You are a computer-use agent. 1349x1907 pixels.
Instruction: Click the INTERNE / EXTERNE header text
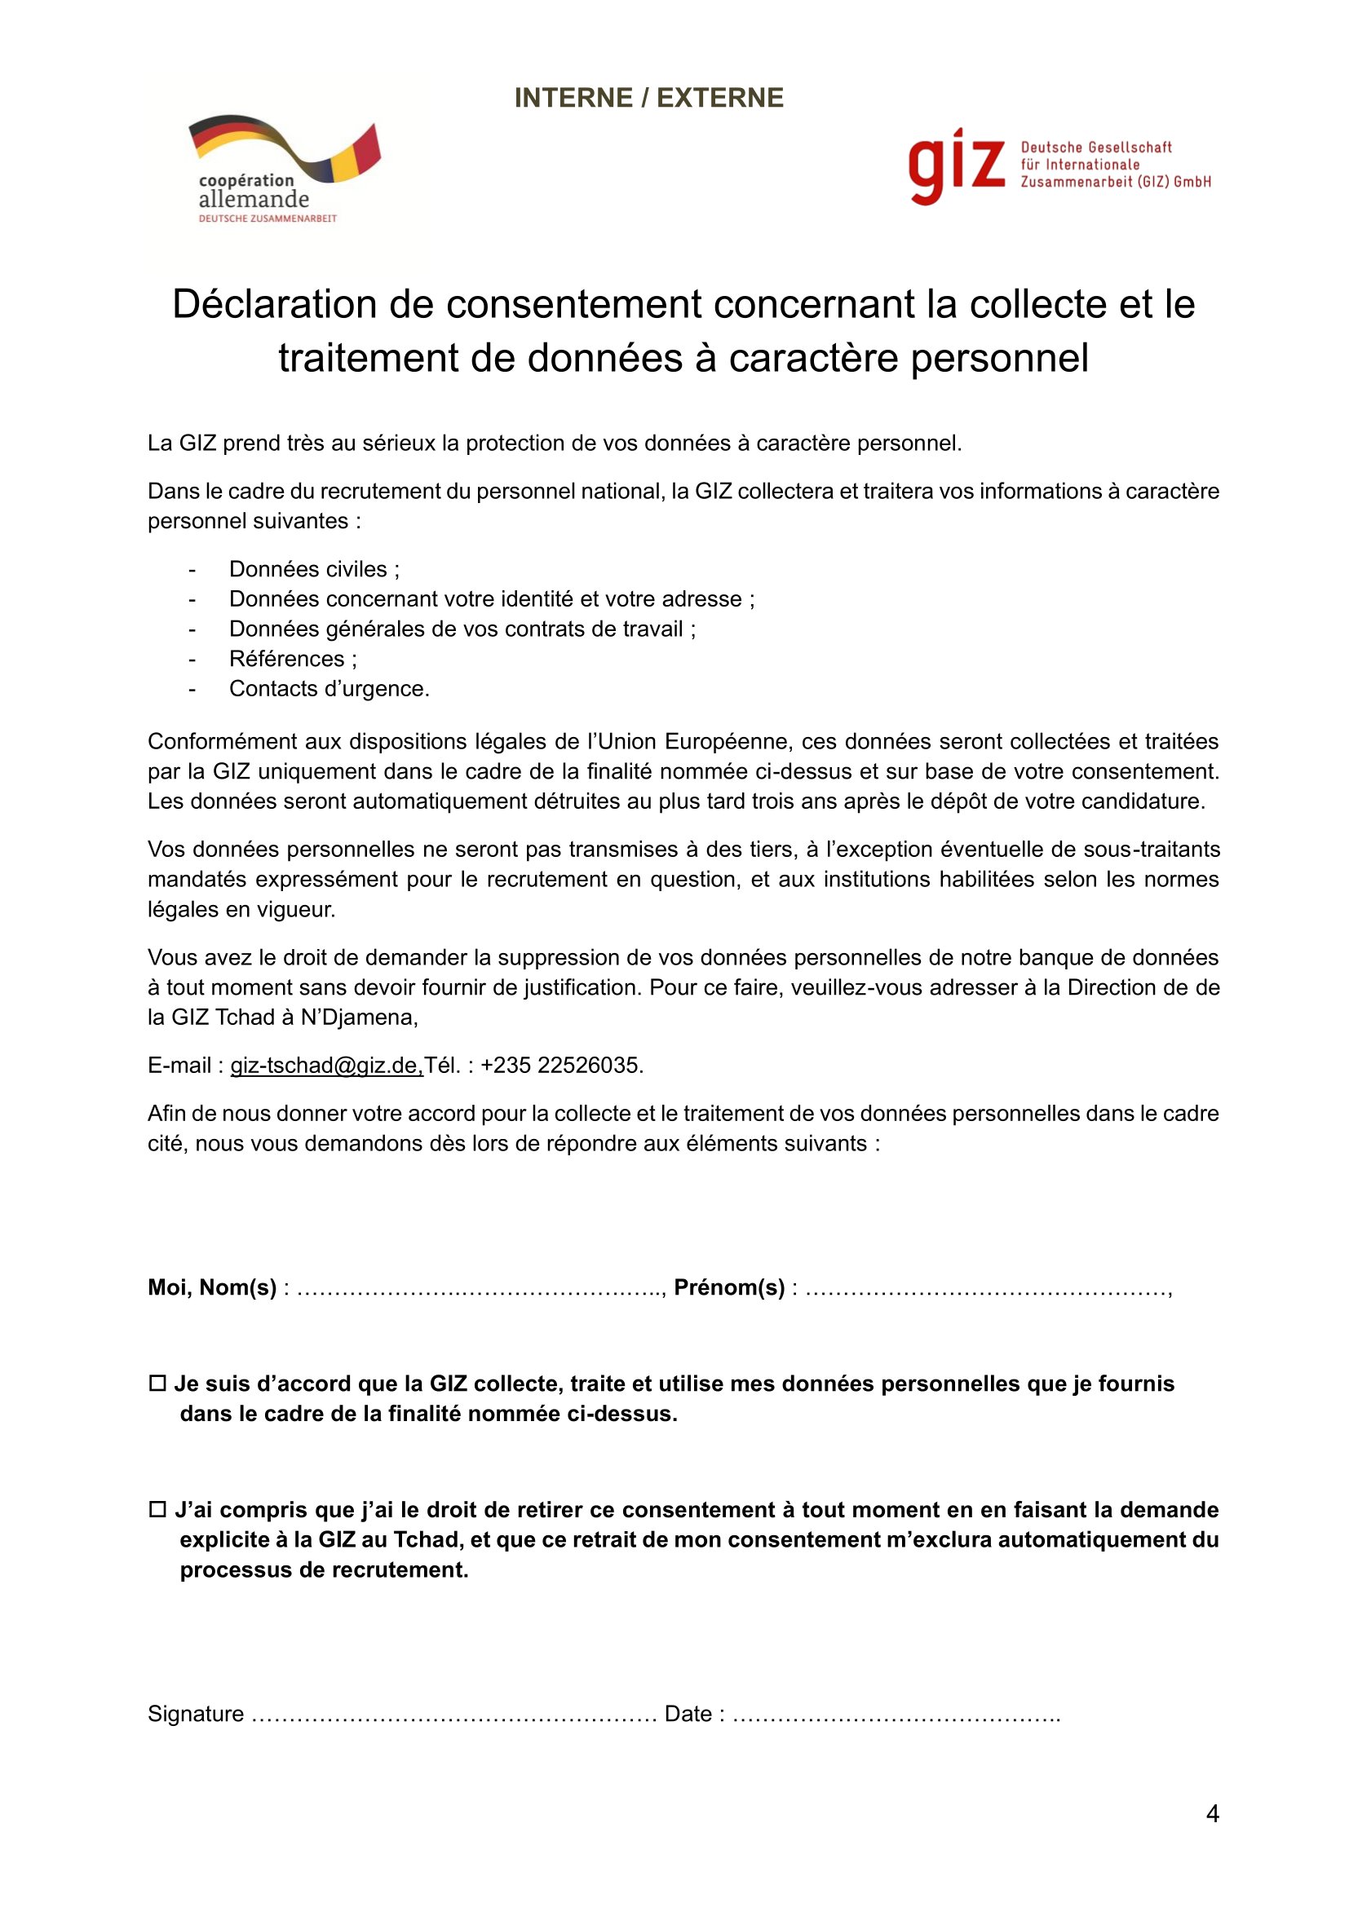[x=648, y=98]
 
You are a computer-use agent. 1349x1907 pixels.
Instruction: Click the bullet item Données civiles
[x=314, y=569]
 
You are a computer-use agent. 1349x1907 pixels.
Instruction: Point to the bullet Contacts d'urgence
[x=329, y=689]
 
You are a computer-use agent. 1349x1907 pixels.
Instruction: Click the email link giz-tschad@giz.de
[x=326, y=1066]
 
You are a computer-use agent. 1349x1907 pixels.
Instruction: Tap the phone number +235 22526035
[x=561, y=1066]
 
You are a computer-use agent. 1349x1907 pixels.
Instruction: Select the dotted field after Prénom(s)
[x=986, y=1289]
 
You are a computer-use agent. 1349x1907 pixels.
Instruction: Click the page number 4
[x=1212, y=1814]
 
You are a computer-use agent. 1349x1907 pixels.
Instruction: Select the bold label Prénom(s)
[x=728, y=1287]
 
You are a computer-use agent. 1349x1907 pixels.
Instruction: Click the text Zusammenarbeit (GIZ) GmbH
[x=1116, y=182]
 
